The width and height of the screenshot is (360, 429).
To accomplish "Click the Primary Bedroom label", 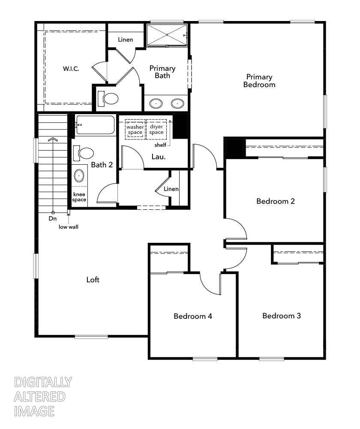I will (x=259, y=81).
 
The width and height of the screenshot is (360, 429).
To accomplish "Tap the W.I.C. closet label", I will (x=71, y=69).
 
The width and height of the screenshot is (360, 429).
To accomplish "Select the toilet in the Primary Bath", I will (x=109, y=99).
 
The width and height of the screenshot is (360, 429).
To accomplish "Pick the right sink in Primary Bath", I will (x=177, y=103).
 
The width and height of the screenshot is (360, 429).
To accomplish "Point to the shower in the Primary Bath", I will (x=167, y=34).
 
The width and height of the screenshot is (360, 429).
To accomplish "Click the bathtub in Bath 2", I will (x=95, y=125).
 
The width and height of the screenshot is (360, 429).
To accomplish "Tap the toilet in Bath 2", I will (x=85, y=153).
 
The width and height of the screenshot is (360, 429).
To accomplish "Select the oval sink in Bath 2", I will (x=79, y=175).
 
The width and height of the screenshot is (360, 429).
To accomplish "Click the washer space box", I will (x=135, y=130).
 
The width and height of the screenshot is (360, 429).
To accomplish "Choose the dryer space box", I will (x=156, y=130).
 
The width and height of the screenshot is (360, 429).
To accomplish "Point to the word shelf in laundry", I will (x=160, y=145).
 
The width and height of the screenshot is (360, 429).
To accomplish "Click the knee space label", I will (x=79, y=197).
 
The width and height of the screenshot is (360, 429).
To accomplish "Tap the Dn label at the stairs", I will (x=52, y=218).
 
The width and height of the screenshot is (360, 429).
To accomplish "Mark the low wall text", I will (x=69, y=227).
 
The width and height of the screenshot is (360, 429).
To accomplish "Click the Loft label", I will (x=93, y=280).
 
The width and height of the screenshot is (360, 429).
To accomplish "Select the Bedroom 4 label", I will (x=193, y=316).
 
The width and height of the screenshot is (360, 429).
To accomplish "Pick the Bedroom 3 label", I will (x=282, y=316).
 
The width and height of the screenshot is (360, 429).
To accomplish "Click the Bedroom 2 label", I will (x=276, y=201).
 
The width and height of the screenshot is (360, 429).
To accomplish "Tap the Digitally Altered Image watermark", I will (x=43, y=396).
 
